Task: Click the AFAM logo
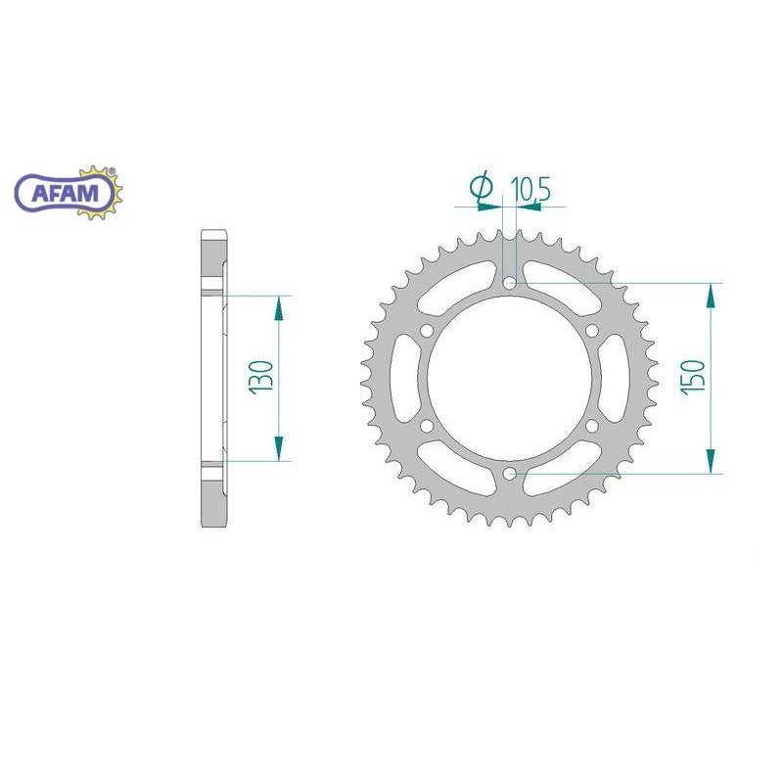click(x=69, y=193)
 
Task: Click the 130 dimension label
click(x=262, y=377)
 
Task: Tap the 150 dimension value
click(x=694, y=377)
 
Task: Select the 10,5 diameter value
click(x=530, y=189)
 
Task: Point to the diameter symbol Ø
click(x=482, y=186)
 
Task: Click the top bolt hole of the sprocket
click(x=509, y=284)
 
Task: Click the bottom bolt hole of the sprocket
click(x=509, y=474)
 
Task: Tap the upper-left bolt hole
click(x=427, y=331)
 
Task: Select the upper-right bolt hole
click(x=592, y=331)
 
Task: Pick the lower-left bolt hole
click(x=427, y=426)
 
